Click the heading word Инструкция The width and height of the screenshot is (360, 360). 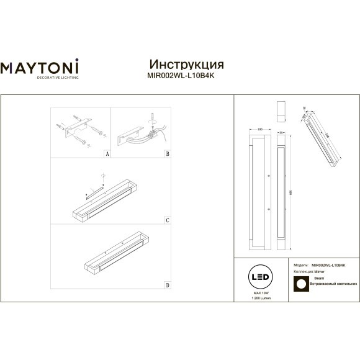(x=187, y=65)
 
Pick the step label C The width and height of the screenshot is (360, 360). (x=167, y=220)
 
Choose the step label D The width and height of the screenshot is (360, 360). (x=167, y=285)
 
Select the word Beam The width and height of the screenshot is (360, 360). (x=319, y=279)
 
